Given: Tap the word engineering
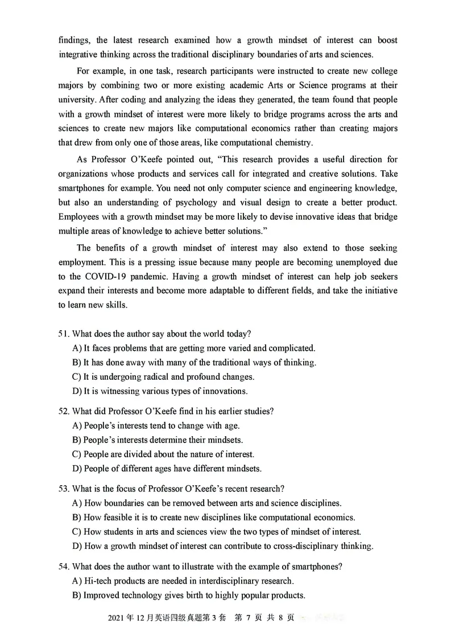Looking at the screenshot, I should pyautogui.click(x=325, y=187).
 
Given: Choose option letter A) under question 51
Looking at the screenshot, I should pyautogui.click(x=77, y=348).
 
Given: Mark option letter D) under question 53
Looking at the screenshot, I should pyautogui.click(x=77, y=546).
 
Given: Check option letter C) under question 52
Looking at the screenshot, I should pyautogui.click(x=77, y=454).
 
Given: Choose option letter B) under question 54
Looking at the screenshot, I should pyautogui.click(x=77, y=596).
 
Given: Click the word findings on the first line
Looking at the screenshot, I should pyautogui.click(x=75, y=40).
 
